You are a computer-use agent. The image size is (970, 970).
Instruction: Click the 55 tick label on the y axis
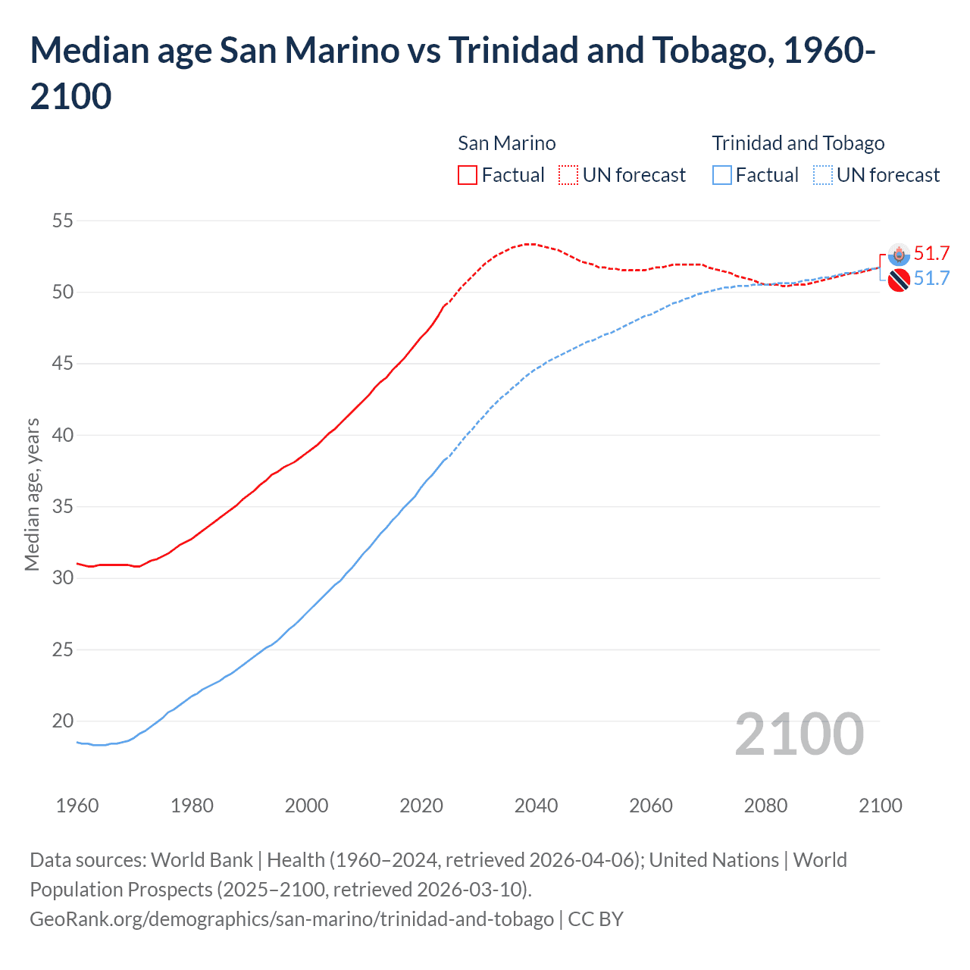(62, 221)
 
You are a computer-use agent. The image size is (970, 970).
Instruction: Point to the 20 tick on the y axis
(62, 721)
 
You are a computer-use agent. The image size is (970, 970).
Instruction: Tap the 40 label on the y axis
(62, 435)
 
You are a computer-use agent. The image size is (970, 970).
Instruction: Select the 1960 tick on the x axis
(77, 805)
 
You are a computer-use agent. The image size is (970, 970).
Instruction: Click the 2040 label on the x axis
(536, 805)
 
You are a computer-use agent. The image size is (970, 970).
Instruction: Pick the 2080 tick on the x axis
(765, 805)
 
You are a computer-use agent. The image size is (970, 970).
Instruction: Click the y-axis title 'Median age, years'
(32, 494)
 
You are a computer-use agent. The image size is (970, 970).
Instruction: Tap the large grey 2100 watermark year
(799, 734)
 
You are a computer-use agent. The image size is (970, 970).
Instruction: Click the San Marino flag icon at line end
(899, 255)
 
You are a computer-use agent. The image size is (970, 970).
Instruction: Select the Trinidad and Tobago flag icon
(899, 280)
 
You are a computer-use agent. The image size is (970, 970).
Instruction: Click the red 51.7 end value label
(931, 253)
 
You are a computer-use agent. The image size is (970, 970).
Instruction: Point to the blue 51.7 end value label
(931, 278)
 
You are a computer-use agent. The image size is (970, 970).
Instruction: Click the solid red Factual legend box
(468, 175)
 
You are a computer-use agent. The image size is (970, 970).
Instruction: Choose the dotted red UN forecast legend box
(568, 175)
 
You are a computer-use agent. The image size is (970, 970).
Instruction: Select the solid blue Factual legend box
(722, 175)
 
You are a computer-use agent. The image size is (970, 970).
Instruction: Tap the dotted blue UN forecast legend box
(822, 175)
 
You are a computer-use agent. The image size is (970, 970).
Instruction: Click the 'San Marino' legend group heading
(506, 143)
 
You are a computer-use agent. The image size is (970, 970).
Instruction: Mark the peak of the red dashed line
(530, 244)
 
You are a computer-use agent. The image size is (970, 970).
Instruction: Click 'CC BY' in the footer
(596, 918)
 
